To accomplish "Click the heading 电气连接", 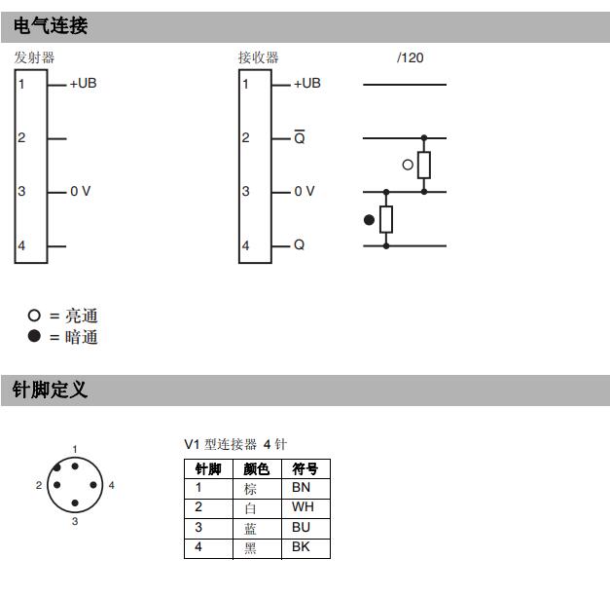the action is coord(51,25).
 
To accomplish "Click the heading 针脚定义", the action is coord(50,390).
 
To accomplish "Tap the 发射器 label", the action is coord(34,57).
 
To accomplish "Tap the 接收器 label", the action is coord(259,57).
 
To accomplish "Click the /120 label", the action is coord(410,57).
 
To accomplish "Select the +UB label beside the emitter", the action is coord(84,83).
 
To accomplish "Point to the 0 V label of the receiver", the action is coord(305,191).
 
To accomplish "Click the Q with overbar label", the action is coord(300,136).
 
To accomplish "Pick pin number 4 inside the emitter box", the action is coord(21,245).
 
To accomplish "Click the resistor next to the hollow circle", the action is coord(424,166).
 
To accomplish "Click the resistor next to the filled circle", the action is coord(386,219).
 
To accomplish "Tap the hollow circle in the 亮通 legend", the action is coord(34,316).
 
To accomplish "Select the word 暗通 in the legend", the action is coord(82,337).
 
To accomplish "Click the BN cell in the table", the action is coord(302,487).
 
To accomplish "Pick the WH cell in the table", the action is coord(303,506).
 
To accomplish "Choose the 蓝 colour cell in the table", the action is coord(250,528).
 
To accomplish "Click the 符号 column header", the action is coord(305,468).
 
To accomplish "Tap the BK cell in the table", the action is coord(302,546).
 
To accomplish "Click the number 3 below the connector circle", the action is coord(75,521).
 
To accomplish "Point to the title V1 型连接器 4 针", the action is coord(235,444).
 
